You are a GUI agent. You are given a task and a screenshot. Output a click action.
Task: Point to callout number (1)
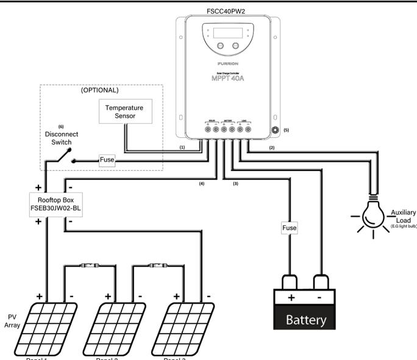point(182,148)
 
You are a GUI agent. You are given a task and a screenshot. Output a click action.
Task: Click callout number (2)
point(273,148)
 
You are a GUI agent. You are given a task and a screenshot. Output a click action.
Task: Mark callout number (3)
point(235,182)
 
